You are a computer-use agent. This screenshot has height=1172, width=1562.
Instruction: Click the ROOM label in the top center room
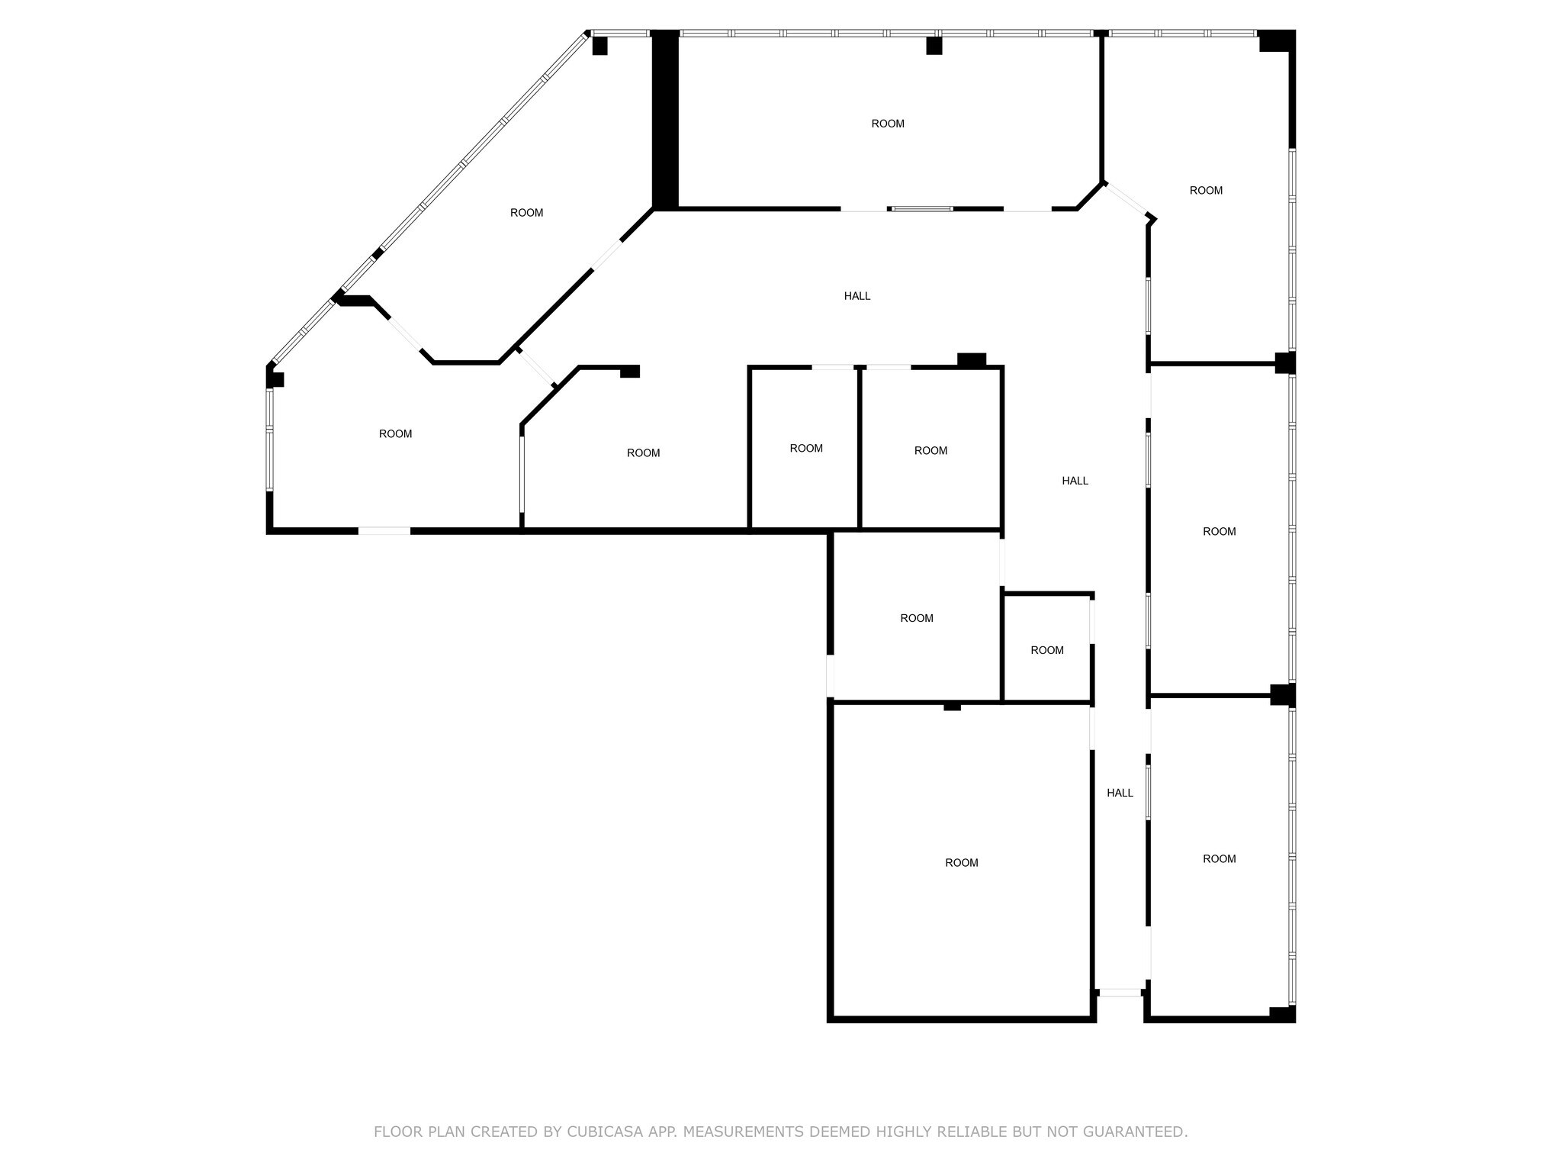(x=888, y=124)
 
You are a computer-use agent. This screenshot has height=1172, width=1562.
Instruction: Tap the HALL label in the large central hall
(x=857, y=296)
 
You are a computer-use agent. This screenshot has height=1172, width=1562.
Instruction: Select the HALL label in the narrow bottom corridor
(x=1120, y=793)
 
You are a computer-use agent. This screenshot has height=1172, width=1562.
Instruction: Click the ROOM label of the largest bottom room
(x=961, y=862)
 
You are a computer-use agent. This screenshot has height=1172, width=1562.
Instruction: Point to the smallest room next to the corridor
(x=1046, y=650)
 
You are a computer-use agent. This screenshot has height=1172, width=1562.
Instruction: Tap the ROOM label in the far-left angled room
(x=395, y=433)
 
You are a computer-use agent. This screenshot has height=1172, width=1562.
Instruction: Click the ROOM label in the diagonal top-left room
(x=526, y=213)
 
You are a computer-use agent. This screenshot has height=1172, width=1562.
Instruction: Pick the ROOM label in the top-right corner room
(x=1206, y=191)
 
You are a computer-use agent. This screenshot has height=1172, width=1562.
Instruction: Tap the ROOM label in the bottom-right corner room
(x=1219, y=858)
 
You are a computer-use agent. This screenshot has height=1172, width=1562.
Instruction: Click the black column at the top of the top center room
(x=934, y=46)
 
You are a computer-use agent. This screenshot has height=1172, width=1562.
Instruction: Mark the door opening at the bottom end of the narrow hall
(x=1120, y=993)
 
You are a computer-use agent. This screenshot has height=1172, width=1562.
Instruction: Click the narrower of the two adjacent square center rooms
(x=805, y=449)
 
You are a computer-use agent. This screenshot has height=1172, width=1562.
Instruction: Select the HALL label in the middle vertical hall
(x=1075, y=481)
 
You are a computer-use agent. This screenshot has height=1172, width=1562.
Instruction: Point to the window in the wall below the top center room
(x=922, y=208)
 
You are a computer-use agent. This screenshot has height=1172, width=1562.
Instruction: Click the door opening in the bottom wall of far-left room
(x=384, y=530)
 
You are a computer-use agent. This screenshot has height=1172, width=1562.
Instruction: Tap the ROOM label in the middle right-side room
(x=1219, y=531)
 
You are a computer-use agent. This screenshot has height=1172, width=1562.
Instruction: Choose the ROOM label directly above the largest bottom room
(x=916, y=618)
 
